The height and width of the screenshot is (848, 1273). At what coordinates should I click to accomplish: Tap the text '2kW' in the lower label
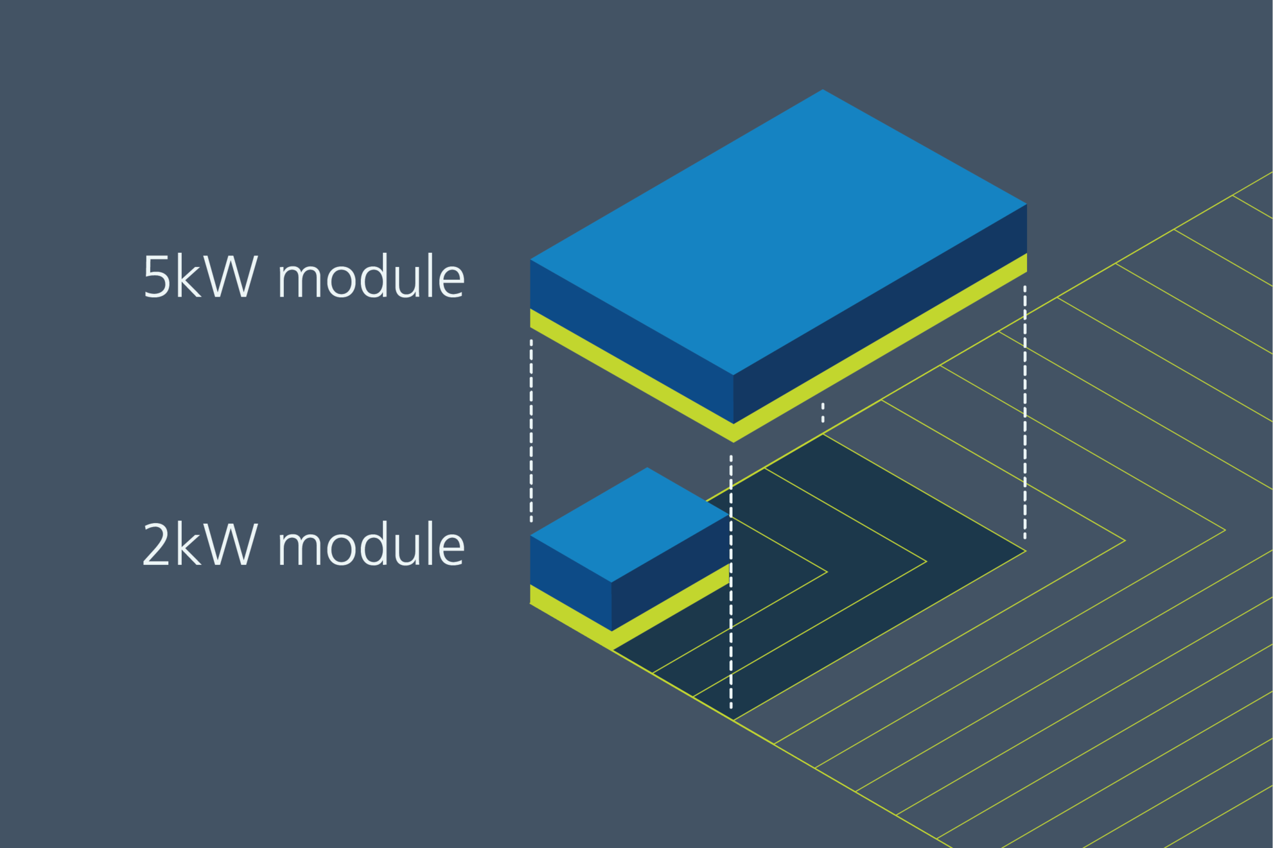click(199, 545)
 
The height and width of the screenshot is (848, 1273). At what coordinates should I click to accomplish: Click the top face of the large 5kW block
click(777, 231)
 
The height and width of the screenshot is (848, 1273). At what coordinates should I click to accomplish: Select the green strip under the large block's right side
click(880, 349)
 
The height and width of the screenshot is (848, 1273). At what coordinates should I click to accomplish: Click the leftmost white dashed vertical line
click(531, 430)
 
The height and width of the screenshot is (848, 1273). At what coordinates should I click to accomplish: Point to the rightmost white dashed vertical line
click(1024, 411)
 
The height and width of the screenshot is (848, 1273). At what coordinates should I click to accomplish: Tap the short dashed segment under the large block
click(823, 413)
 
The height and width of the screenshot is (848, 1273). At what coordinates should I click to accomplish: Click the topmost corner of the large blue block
click(823, 91)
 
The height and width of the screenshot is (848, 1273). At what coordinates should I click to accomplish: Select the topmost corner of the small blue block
click(647, 469)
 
